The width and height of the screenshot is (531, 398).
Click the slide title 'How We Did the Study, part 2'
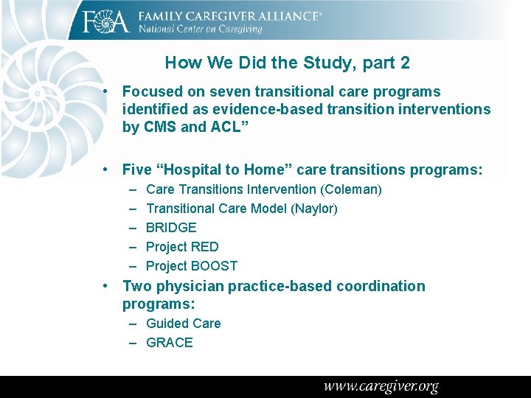pyautogui.click(x=288, y=63)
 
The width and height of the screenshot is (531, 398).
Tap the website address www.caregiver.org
pyautogui.click(x=381, y=386)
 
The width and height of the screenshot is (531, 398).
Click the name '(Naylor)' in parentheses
pyautogui.click(x=314, y=209)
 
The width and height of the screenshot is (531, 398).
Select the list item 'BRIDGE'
pyautogui.click(x=171, y=228)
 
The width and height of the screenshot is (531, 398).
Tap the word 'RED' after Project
pyautogui.click(x=204, y=247)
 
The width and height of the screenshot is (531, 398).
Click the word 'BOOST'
pyautogui.click(x=214, y=266)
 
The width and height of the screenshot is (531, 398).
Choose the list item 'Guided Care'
pyautogui.click(x=183, y=324)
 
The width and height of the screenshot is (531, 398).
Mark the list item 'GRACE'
pyautogui.click(x=170, y=343)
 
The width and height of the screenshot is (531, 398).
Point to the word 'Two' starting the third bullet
pyautogui.click(x=136, y=286)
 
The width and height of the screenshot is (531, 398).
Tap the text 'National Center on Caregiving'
pyautogui.click(x=200, y=29)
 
